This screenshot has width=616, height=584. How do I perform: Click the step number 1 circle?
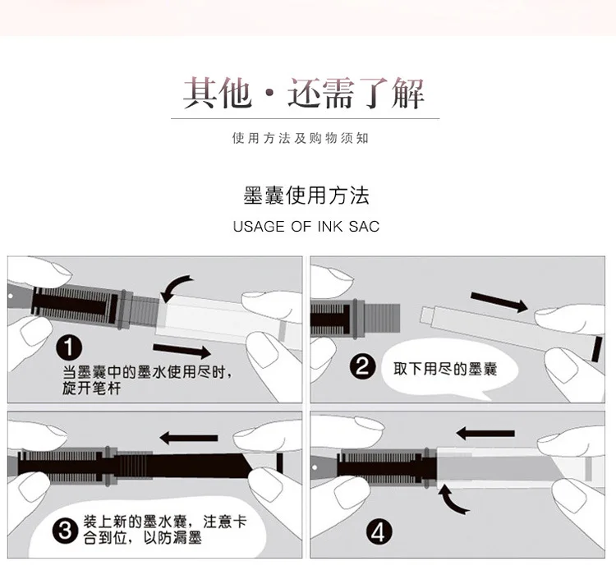click(69, 347)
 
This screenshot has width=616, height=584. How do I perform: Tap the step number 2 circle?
click(362, 366)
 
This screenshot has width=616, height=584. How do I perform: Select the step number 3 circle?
click(65, 531)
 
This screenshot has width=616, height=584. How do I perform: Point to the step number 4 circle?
click(379, 532)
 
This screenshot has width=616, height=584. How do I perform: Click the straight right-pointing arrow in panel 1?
click(182, 350)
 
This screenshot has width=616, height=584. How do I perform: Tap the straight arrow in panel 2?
click(499, 301)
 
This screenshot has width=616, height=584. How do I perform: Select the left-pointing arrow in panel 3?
click(189, 438)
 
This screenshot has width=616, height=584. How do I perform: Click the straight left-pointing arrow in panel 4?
click(485, 434)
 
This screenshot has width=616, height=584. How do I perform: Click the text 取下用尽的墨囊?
click(445, 369)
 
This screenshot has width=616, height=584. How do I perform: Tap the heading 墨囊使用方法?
click(306, 195)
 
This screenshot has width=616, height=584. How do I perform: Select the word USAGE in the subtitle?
click(259, 227)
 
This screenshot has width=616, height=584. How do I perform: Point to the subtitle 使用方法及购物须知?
click(301, 138)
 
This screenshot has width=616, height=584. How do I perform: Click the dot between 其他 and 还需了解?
click(269, 94)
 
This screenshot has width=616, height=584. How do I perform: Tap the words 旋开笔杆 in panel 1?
click(91, 389)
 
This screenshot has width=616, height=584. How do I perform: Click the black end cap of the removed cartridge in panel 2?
click(597, 349)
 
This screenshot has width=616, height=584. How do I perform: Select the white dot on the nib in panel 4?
click(315, 467)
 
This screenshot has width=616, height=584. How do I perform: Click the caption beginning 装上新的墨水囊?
click(164, 529)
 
